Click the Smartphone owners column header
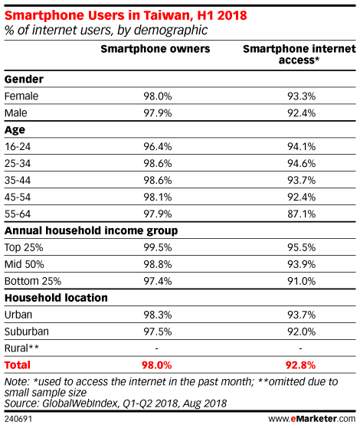pyautogui.click(x=155, y=49)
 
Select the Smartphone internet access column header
pyautogui.click(x=299, y=54)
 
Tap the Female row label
pyautogui.click(x=21, y=96)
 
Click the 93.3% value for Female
pyautogui.click(x=301, y=96)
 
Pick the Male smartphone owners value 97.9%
pyautogui.click(x=158, y=113)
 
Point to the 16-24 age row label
pyautogui.click(x=18, y=146)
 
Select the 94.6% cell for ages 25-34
pyautogui.click(x=301, y=164)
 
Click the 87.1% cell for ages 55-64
pyautogui.click(x=301, y=214)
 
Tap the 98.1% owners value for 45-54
pyautogui.click(x=158, y=197)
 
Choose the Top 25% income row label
pyautogui.click(x=24, y=247)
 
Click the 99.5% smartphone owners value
pyautogui.click(x=158, y=247)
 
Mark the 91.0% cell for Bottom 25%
pyautogui.click(x=301, y=281)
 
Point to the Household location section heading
pyautogui.click(x=56, y=298)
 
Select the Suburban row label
pyautogui.click(x=27, y=332)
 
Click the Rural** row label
pyautogui.click(x=21, y=348)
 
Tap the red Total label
pyautogui.click(x=18, y=365)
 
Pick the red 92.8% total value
pyautogui.click(x=300, y=365)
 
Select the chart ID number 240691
pyautogui.click(x=18, y=419)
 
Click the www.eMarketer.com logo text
pyautogui.click(x=312, y=419)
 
